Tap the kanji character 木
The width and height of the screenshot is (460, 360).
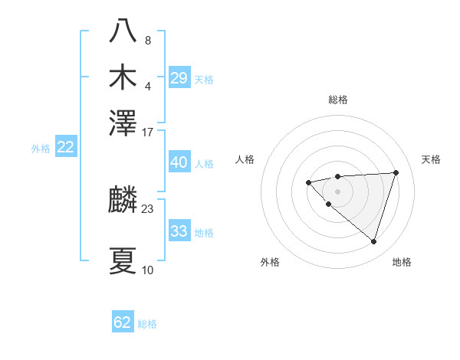pyautogui.click(x=123, y=77)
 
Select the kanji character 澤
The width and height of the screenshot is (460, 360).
pyautogui.click(x=123, y=123)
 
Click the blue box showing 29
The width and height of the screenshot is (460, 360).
pyautogui.click(x=179, y=78)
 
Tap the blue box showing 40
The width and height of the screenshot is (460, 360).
pyautogui.click(x=179, y=163)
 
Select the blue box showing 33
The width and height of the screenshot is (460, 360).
pyautogui.click(x=179, y=231)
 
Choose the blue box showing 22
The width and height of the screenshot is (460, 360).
pyautogui.click(x=65, y=148)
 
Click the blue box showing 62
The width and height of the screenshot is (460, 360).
pyautogui.click(x=123, y=322)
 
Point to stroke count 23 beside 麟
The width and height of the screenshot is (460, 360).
pyautogui.click(x=148, y=208)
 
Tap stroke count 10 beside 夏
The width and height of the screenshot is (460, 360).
pyautogui.click(x=148, y=270)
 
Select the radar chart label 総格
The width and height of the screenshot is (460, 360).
pyautogui.click(x=337, y=100)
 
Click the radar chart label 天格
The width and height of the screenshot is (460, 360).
pyautogui.click(x=431, y=159)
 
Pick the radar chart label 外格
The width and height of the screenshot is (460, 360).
pyautogui.click(x=270, y=262)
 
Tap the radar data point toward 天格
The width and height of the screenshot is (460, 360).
pyautogui.click(x=396, y=172)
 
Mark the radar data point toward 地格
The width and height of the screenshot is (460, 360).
pyautogui.click(x=373, y=241)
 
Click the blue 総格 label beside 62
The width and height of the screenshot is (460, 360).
pyautogui.click(x=147, y=324)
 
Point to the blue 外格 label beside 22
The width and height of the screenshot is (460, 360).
pyautogui.click(x=41, y=149)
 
